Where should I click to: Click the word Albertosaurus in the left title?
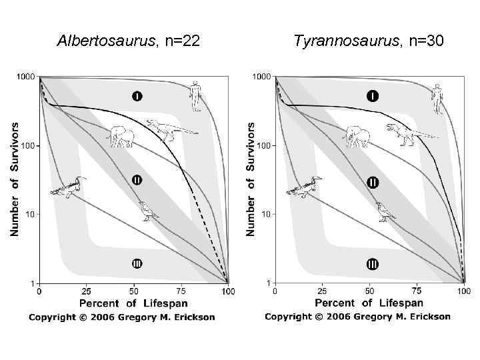105,41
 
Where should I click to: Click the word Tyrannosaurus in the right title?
343,41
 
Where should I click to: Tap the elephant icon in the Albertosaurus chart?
120,136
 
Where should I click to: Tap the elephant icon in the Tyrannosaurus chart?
356,136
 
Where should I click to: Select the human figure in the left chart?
195,95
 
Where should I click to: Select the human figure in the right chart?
437,98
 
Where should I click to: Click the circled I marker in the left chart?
136,97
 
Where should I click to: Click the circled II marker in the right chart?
373,181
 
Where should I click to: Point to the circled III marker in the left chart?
136,264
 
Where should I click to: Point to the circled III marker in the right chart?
372,264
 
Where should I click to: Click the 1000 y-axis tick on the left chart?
26,77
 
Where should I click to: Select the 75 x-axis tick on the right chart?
417,291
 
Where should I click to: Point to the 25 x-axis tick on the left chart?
87,291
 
